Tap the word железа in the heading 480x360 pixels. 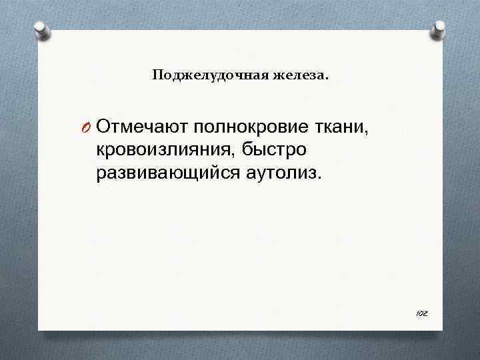coord(298,76)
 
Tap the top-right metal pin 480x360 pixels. coord(439,29)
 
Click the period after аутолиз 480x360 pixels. coord(319,179)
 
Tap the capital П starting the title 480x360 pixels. coord(157,75)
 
